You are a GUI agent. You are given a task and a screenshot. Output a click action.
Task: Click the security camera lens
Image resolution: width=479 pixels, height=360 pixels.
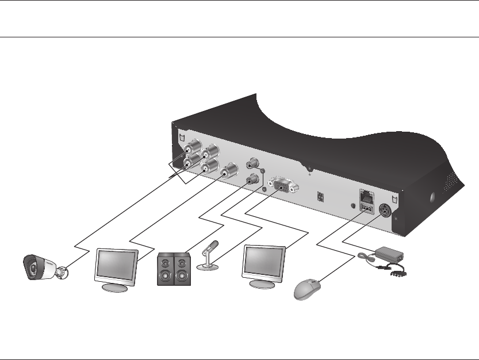click(33, 268)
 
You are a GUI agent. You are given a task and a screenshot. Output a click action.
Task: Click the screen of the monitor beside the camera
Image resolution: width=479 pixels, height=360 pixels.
click(115, 264)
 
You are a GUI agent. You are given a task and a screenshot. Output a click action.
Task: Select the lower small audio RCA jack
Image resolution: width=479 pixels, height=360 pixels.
click(252, 180)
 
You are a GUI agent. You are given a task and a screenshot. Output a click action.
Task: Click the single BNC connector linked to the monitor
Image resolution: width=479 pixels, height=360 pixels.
click(229, 170)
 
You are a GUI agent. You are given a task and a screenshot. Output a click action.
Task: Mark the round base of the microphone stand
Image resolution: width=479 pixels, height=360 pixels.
click(206, 267)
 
